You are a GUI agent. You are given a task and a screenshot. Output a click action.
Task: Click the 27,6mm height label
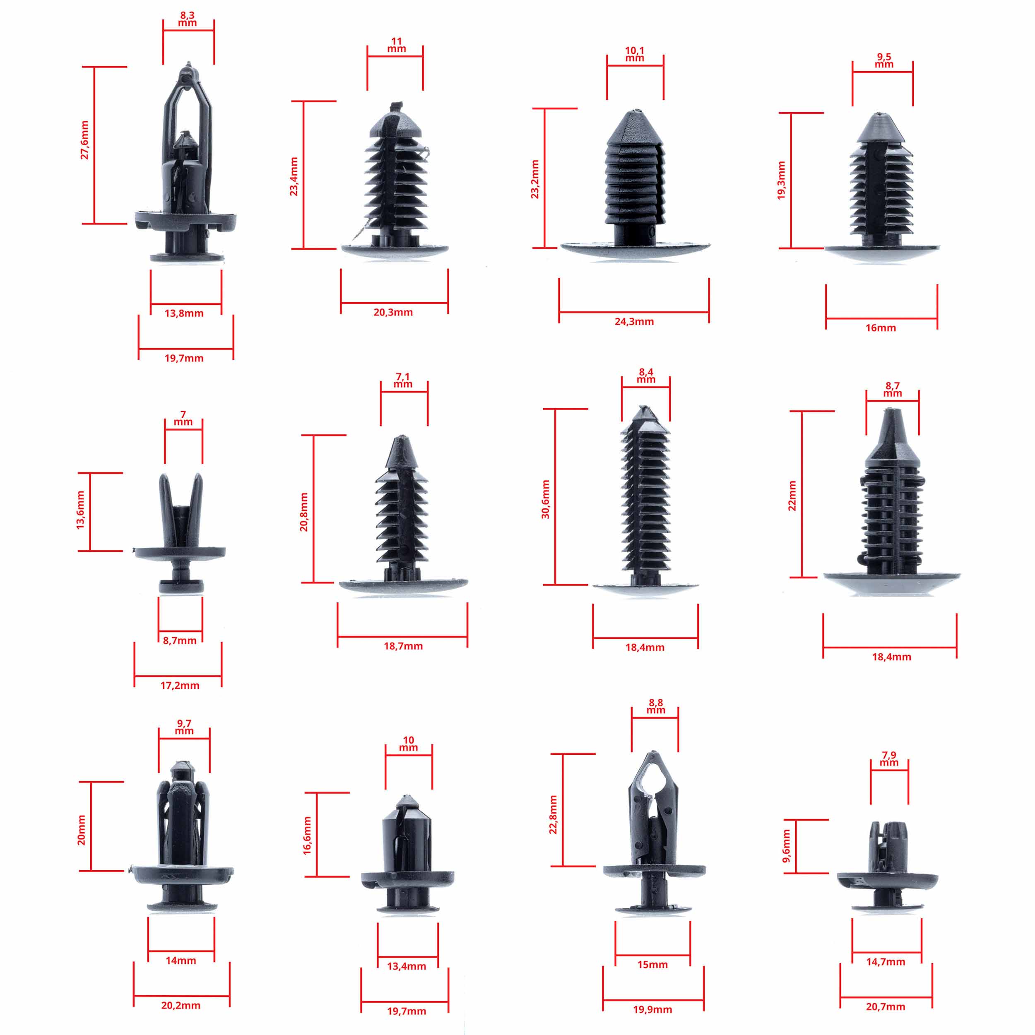click(x=84, y=140)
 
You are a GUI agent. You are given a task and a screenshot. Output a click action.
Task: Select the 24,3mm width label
click(x=634, y=321)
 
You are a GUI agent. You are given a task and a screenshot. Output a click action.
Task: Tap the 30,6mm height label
click(x=545, y=499)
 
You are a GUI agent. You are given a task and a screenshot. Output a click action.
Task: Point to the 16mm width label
click(x=881, y=328)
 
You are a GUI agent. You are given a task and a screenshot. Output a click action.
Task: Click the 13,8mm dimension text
click(x=184, y=313)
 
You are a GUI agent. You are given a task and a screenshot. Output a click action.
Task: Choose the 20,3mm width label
click(x=393, y=312)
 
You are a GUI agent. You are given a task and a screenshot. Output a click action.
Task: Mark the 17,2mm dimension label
click(x=180, y=685)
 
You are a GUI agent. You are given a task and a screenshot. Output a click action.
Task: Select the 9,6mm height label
click(x=787, y=846)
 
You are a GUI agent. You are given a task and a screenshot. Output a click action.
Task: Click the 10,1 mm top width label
click(x=635, y=54)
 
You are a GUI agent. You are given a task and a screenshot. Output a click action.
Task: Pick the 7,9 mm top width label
click(x=889, y=759)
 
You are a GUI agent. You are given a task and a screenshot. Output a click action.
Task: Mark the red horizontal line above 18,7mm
click(x=402, y=637)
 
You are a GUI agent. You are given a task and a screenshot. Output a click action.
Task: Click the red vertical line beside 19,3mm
click(x=791, y=181)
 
